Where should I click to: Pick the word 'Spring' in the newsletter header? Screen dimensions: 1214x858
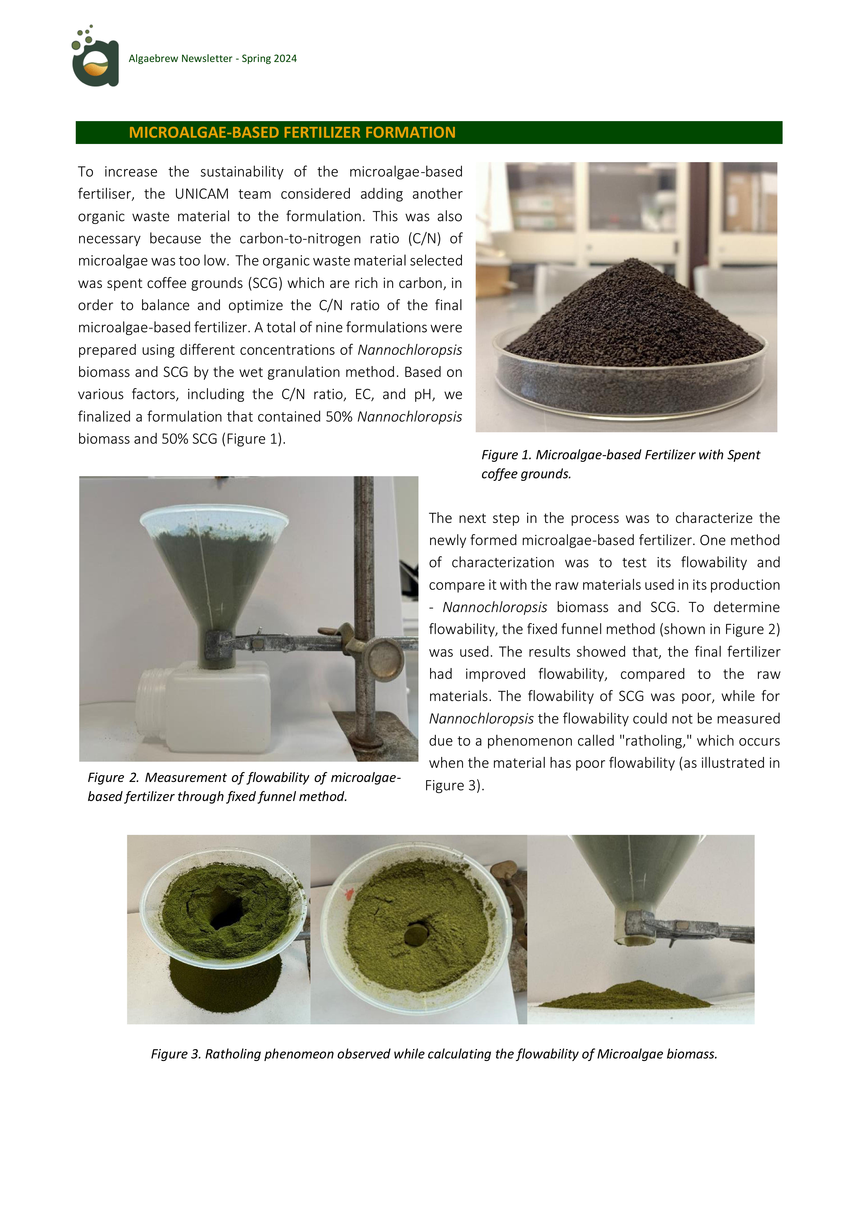point(256,59)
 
